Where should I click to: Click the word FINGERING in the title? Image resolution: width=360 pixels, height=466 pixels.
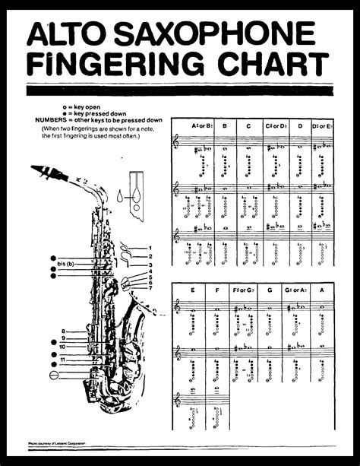coord(120,66)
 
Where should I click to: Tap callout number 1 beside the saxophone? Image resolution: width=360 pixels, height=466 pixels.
coord(151,248)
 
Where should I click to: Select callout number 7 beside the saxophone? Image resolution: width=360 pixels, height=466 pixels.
coord(151,287)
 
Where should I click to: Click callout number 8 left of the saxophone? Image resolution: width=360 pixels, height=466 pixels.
coord(63,331)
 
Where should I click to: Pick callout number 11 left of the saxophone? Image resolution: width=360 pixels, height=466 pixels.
coord(63,358)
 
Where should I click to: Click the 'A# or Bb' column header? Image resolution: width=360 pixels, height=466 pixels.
coord(201,125)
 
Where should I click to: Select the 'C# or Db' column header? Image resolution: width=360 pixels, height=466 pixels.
coord(273,125)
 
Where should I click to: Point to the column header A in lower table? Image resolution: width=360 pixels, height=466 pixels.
coord(322,290)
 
